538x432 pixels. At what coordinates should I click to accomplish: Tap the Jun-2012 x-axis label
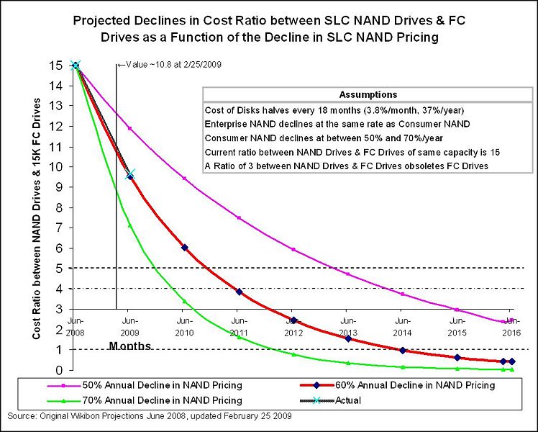[x=293, y=326]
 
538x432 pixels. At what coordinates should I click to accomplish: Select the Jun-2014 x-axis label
[x=402, y=326]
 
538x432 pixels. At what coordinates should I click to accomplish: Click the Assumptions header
[x=367, y=94]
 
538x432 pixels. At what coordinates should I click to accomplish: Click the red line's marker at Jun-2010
[x=184, y=248]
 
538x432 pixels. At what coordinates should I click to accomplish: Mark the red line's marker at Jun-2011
[x=239, y=292]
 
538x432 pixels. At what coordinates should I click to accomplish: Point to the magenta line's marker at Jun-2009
[x=129, y=129]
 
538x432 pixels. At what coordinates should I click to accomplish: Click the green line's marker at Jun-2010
[x=184, y=301]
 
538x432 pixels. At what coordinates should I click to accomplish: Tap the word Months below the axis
[x=130, y=346]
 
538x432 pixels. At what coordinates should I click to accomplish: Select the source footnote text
[x=150, y=417]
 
